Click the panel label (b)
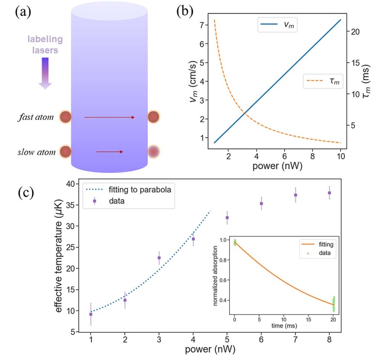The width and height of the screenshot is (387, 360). [x=185, y=12]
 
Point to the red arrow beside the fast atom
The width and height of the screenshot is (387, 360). [x=110, y=117]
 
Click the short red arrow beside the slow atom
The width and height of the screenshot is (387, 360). [x=110, y=151]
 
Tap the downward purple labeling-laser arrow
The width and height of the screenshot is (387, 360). [x=45, y=73]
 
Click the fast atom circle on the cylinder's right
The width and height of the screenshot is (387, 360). [x=154, y=117]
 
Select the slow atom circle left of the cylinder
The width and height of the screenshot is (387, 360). [x=65, y=151]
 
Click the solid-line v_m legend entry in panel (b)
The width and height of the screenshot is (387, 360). [x=277, y=26]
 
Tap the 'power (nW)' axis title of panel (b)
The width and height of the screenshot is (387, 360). [x=277, y=165]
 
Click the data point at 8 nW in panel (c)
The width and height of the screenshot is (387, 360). [x=329, y=193]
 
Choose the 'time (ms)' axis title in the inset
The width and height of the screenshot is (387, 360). [x=284, y=325]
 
